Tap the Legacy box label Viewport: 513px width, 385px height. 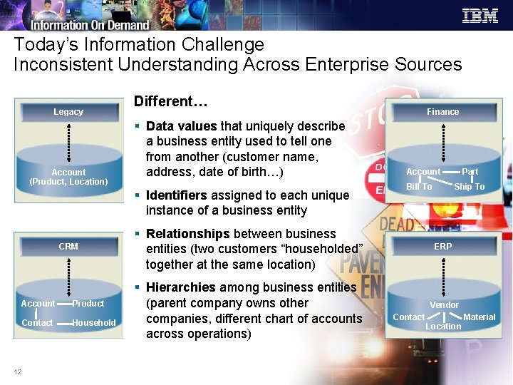pos(68,112)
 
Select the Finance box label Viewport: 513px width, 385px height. pos(442,112)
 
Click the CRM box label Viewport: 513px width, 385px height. pos(68,247)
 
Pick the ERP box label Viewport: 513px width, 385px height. pos(442,247)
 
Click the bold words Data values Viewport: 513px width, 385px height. pos(181,126)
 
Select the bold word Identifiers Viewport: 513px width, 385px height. pos(176,195)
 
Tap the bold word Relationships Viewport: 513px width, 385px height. pos(187,234)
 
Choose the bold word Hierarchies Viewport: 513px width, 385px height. pos(180,287)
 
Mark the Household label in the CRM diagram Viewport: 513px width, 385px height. pos(93,323)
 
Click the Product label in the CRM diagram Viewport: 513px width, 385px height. pos(88,304)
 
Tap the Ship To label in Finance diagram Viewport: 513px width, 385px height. pos(469,187)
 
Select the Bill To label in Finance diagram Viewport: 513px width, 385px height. pos(419,187)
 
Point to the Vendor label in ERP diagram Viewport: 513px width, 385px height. pos(444,305)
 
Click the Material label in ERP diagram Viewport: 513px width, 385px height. pos(479,317)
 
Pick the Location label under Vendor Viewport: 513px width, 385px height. pos(443,327)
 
